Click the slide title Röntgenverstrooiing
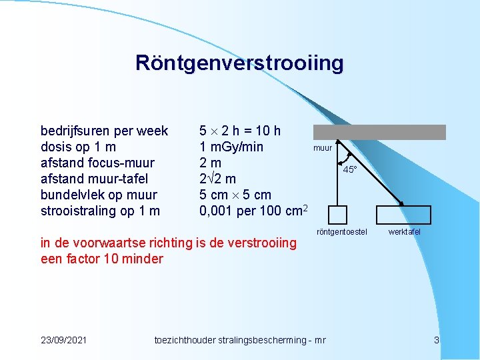point(239,63)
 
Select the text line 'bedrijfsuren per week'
point(104,131)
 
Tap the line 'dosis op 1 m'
point(78,147)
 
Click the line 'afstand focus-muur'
point(97,163)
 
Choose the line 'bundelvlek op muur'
point(99,195)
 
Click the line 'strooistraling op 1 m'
point(100,211)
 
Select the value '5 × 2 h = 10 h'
point(240,131)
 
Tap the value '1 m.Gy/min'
point(231,147)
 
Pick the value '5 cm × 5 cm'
point(235,195)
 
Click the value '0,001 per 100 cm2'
point(253,211)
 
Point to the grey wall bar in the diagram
point(379,132)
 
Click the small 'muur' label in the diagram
point(323,148)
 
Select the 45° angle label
point(349,170)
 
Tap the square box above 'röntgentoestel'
point(338,215)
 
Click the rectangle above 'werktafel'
point(404,215)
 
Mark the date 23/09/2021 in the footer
point(63,340)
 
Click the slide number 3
point(437,340)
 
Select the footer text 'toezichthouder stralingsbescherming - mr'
point(239,340)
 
